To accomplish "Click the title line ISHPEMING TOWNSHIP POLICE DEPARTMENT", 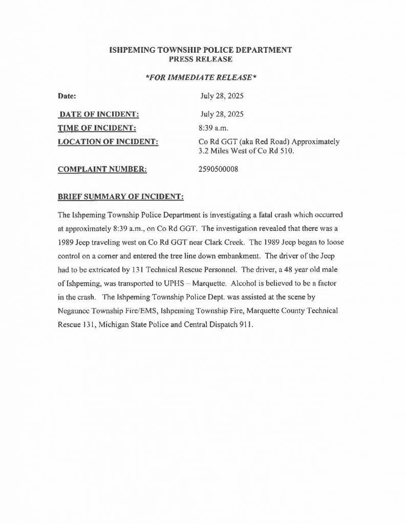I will click(x=201, y=50).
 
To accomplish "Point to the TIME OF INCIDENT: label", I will click(x=97, y=128).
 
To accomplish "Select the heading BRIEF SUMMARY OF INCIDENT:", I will click(x=120, y=197).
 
